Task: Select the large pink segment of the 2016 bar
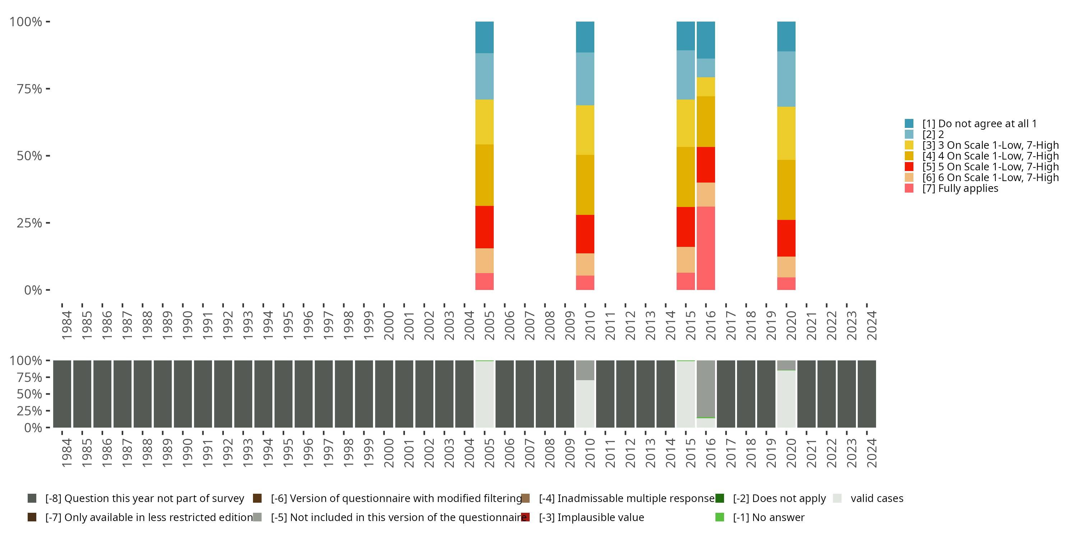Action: point(706,248)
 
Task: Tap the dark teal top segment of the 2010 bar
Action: point(585,37)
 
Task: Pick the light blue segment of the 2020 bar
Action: point(786,79)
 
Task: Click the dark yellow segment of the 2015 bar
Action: point(686,177)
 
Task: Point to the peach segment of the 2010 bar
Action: point(585,264)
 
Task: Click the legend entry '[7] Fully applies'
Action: point(951,188)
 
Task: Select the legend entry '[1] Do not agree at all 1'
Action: point(971,124)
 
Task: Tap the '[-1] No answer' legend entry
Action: point(760,517)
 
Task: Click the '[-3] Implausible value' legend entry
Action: point(582,517)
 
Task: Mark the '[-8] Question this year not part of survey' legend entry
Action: point(135,498)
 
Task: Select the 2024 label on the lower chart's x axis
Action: point(871,453)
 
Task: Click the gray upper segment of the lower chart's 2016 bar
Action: point(706,389)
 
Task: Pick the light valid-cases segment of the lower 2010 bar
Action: point(585,404)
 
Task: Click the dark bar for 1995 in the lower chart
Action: point(283,394)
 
